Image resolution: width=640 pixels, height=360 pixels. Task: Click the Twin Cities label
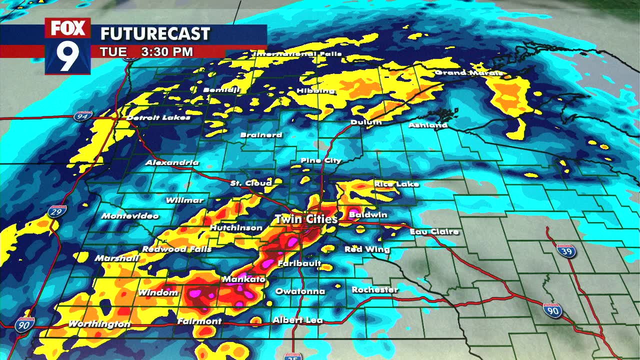pyautogui.click(x=306, y=219)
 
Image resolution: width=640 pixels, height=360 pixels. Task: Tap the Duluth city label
pyautogui.click(x=366, y=122)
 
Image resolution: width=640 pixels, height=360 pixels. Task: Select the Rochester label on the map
pyautogui.click(x=374, y=290)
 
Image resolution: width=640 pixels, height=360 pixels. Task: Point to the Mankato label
pyautogui.click(x=243, y=279)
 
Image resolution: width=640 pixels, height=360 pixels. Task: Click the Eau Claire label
pyautogui.click(x=434, y=232)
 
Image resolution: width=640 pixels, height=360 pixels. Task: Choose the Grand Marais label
pyautogui.click(x=468, y=73)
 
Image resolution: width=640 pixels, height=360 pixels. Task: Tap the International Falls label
pyautogui.click(x=298, y=53)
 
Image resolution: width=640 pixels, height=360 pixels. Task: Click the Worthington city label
pyautogui.click(x=99, y=324)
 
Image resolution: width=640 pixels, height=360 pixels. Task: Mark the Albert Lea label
pyautogui.click(x=297, y=320)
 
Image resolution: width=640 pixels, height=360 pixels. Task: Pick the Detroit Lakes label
pyautogui.click(x=158, y=118)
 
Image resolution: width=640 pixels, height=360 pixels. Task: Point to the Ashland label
pyautogui.click(x=427, y=125)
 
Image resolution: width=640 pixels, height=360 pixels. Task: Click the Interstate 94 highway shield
pyautogui.click(x=82, y=116)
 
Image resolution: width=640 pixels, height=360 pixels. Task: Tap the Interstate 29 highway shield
pyautogui.click(x=57, y=212)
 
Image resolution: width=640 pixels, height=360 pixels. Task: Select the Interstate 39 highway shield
pyautogui.click(x=566, y=250)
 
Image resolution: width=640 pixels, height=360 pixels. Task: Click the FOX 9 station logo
pyautogui.click(x=68, y=46)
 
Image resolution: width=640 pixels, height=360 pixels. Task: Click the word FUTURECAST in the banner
pyautogui.click(x=155, y=34)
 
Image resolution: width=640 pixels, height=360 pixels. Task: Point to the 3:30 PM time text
pyautogui.click(x=166, y=51)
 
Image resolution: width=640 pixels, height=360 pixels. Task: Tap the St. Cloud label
pyautogui.click(x=251, y=183)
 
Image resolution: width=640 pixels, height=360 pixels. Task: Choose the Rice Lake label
pyautogui.click(x=396, y=184)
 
